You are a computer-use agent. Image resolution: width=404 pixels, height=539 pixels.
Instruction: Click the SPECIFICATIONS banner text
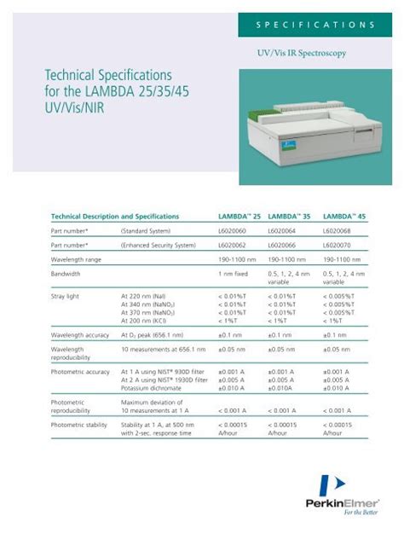pyautogui.click(x=315, y=25)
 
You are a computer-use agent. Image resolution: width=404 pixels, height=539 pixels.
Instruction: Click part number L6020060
pyautogui.click(x=233, y=230)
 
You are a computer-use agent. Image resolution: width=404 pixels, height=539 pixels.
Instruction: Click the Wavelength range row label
pyautogui.click(x=80, y=259)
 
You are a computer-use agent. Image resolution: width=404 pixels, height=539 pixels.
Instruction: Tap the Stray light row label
pyautogui.click(x=67, y=295)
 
